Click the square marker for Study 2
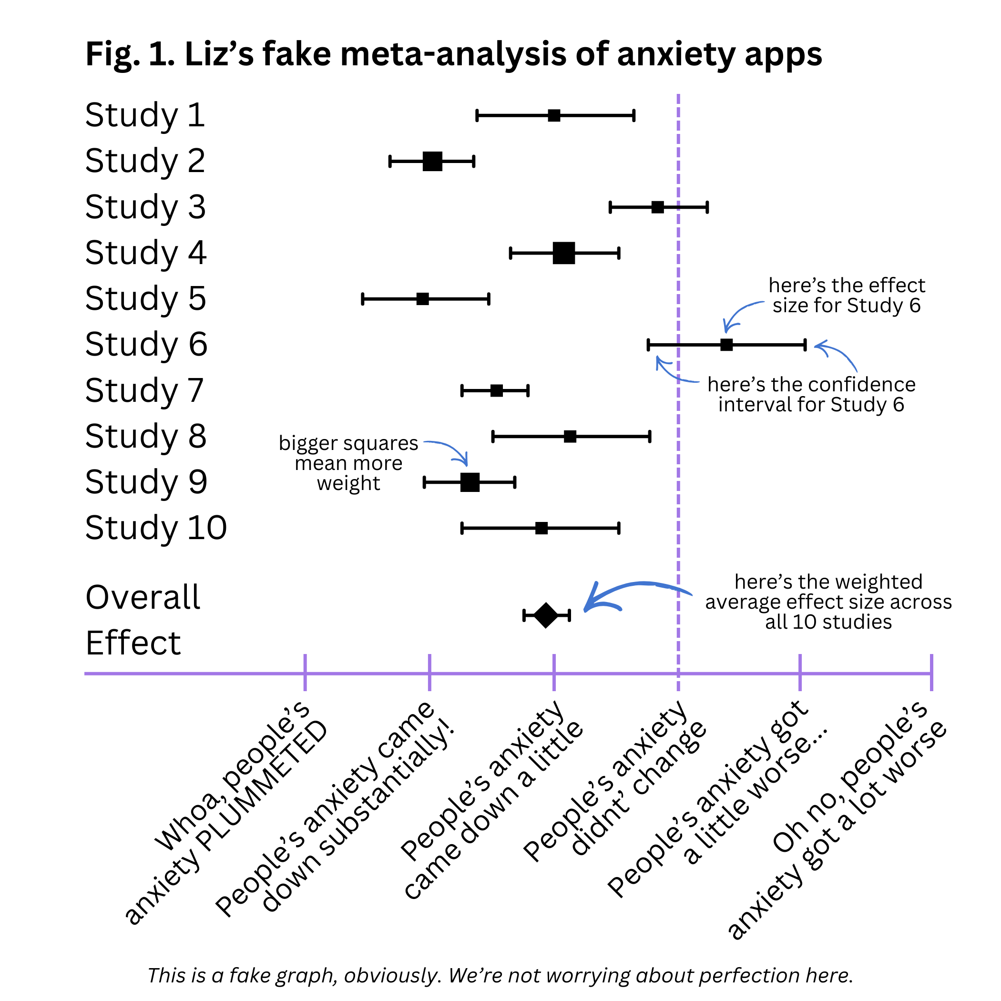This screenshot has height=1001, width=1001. point(432,161)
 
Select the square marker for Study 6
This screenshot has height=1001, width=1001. point(726,345)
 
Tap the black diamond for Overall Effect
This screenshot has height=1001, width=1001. point(546,615)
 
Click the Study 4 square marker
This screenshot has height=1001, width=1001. point(564,253)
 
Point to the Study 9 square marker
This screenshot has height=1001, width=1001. point(470,482)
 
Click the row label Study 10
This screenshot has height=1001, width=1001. point(156,528)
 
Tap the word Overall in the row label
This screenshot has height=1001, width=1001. point(143,597)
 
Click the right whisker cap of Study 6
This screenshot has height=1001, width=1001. point(805,345)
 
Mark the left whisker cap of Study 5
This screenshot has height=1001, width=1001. point(363,299)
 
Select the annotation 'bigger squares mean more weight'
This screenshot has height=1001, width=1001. point(348,463)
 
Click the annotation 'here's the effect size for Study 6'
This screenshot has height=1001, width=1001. point(846,296)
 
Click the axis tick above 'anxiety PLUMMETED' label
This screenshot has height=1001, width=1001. point(305,673)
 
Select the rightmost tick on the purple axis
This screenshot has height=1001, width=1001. point(931,673)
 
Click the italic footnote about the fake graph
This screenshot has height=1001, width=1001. point(500,975)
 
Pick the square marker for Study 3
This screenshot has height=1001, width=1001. point(657,207)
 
